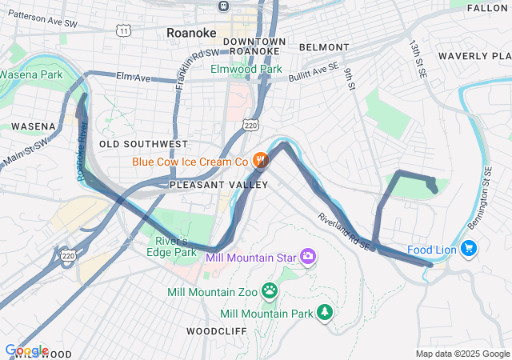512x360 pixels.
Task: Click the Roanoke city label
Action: (x=192, y=33)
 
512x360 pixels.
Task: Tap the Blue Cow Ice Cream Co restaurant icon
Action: (x=260, y=162)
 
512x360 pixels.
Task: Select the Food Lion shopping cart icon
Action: (x=469, y=250)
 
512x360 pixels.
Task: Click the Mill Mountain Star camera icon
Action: (x=308, y=257)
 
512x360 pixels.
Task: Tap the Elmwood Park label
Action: (x=246, y=70)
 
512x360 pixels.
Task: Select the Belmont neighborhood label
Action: (x=324, y=48)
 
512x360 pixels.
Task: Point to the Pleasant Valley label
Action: (x=218, y=185)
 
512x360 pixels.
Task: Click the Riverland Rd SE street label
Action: (x=344, y=231)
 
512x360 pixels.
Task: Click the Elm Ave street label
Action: (x=134, y=78)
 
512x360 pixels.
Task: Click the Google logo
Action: (x=26, y=350)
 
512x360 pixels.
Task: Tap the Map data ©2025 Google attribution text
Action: (x=462, y=354)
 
